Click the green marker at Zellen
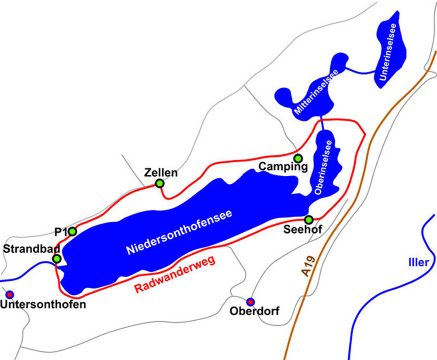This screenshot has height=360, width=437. point(160,183)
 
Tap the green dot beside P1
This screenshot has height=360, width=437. point(73,231)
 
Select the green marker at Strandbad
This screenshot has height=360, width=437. point(56,259)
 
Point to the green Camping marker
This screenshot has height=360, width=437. point(298,158)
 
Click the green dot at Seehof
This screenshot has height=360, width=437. point(309,219)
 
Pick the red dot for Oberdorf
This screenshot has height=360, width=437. point(250,301)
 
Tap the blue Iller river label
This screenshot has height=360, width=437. point(419,263)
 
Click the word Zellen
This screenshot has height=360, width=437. point(161,172)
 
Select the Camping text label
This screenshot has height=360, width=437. point(283,167)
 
